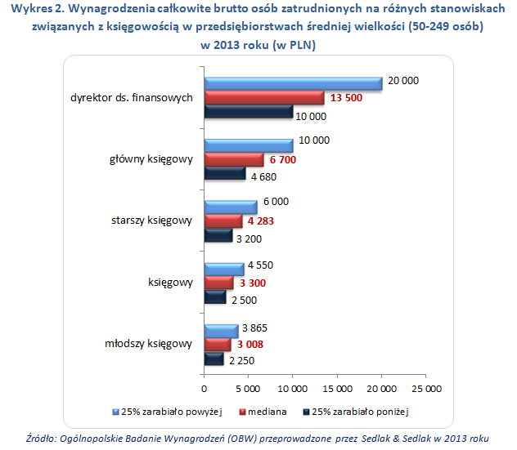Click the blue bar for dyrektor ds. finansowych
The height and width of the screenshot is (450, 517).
point(293,82)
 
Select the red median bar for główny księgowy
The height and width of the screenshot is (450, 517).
point(233,159)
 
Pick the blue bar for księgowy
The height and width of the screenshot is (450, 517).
point(223,269)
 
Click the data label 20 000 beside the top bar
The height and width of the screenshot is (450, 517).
point(403,81)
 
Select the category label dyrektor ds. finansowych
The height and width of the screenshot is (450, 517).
point(131,97)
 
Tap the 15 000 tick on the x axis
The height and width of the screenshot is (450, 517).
point(337,388)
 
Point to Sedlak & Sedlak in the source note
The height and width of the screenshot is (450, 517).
point(397,438)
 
